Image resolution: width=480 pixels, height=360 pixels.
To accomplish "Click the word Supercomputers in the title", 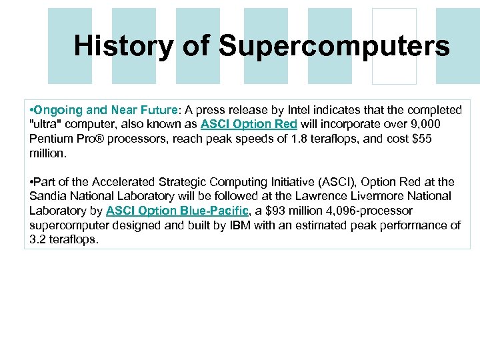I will tap(334, 46).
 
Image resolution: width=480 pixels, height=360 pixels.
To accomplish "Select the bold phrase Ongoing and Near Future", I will tap(105, 109).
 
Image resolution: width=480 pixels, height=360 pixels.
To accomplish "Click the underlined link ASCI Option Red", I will tap(249, 124).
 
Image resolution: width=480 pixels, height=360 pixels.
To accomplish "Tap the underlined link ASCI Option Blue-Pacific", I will tap(176, 211).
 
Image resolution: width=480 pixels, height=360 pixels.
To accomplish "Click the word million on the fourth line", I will tap(48, 153).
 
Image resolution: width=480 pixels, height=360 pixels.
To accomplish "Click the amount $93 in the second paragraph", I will tap(275, 211).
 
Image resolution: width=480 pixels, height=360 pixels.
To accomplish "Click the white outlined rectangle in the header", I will tap(394, 46).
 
